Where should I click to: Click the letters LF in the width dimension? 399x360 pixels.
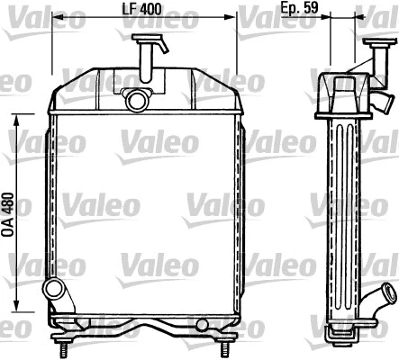128,10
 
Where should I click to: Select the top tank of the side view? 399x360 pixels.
346,97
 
